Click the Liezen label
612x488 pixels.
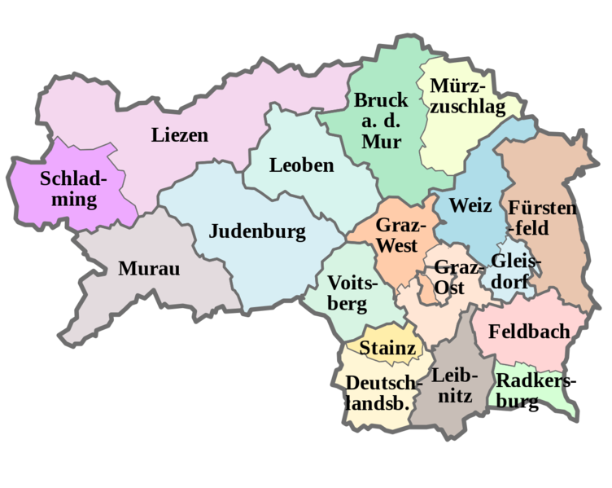(179, 135)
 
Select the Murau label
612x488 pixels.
(148, 268)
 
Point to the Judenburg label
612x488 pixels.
(257, 231)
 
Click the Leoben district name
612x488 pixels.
(301, 165)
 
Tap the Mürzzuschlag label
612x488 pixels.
(467, 97)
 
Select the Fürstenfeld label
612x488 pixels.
(541, 216)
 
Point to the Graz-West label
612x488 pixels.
(397, 235)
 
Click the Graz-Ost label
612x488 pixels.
(450, 277)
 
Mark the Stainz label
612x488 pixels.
(388, 349)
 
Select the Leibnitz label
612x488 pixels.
(452, 385)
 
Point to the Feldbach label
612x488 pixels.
(528, 332)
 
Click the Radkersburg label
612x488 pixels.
(531, 390)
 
